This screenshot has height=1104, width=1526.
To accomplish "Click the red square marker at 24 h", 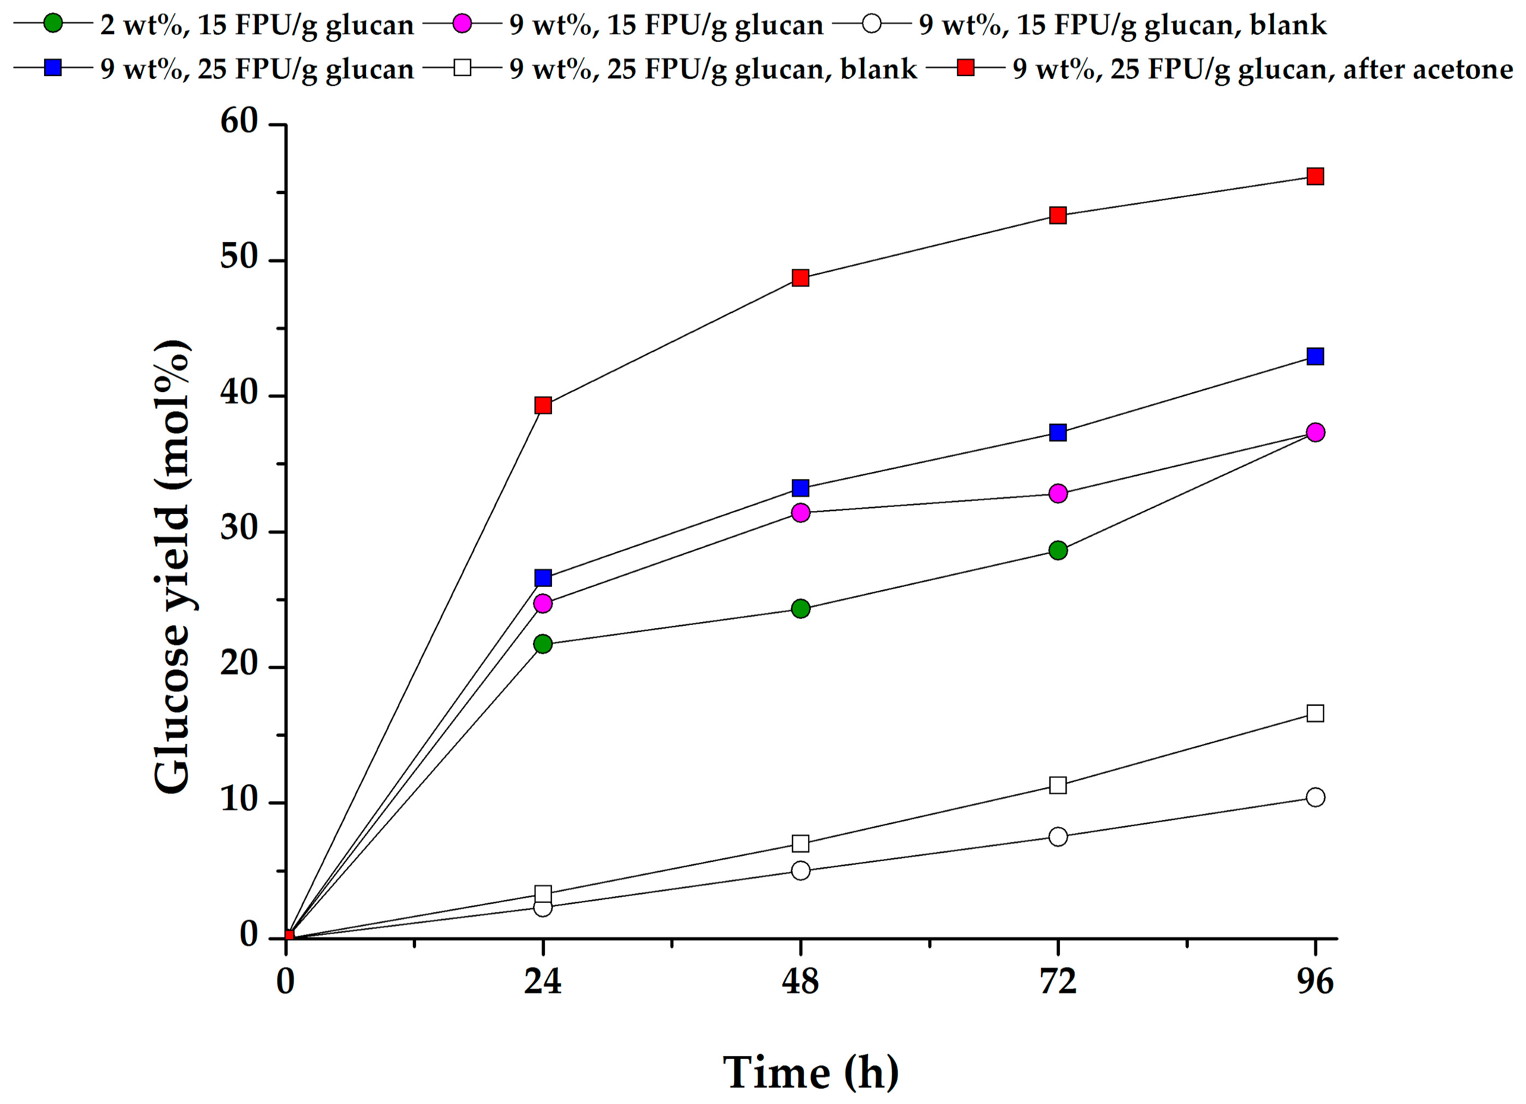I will [x=543, y=405].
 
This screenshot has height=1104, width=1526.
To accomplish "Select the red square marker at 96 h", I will [x=1315, y=176].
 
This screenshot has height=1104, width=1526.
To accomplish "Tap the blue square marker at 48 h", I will [x=801, y=488].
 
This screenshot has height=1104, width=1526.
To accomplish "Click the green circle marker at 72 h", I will [x=1058, y=550].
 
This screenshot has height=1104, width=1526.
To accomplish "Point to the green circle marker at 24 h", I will [x=543, y=644].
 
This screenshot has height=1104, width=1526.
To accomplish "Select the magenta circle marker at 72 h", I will [x=1058, y=493].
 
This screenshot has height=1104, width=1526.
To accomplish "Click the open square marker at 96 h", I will [x=1315, y=713].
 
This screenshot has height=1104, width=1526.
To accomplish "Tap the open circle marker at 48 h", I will [x=801, y=871].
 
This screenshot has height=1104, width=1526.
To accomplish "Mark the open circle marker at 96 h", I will [x=1315, y=797].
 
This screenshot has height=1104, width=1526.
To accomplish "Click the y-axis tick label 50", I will [x=239, y=258].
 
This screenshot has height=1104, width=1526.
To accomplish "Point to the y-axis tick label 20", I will [x=239, y=665].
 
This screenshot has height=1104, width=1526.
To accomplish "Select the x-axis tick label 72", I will [x=1058, y=982].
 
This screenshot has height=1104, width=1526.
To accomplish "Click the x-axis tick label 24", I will [x=543, y=982].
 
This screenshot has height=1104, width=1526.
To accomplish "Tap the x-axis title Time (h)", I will [x=810, y=1072].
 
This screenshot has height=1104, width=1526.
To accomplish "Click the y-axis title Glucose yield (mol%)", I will [x=171, y=567].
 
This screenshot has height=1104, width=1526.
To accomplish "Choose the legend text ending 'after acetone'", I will [x=1263, y=69].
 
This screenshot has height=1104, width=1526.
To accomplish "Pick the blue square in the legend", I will [x=53, y=68].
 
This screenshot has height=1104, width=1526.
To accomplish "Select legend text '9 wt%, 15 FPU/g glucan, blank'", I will [x=1122, y=25].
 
